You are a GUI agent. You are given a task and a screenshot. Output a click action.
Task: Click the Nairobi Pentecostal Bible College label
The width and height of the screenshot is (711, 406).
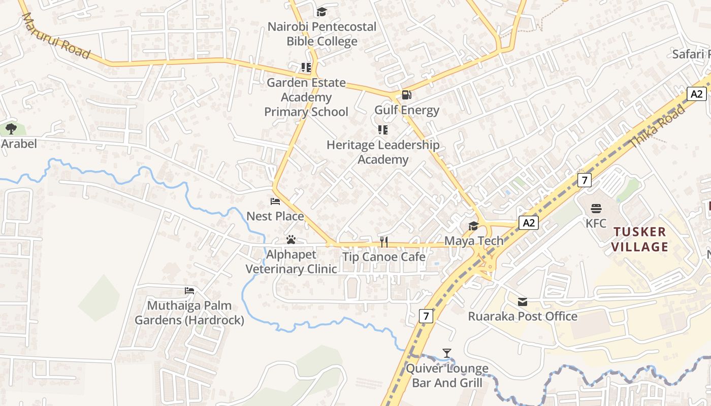[x=322, y=34]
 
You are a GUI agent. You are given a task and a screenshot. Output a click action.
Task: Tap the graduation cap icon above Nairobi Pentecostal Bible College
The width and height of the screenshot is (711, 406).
[x=321, y=12]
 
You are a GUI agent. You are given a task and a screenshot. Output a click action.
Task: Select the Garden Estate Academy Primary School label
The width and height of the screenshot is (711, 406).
[x=306, y=97]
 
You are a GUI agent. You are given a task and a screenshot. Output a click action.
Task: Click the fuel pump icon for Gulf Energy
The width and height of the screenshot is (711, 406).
[x=406, y=94]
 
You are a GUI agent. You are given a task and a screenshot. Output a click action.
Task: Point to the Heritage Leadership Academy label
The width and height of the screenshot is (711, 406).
[x=383, y=152]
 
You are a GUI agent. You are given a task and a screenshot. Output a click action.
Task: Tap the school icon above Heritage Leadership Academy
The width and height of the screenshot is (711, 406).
[x=383, y=130]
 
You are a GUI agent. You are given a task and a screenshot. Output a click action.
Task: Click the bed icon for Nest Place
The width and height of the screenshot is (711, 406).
[x=275, y=201]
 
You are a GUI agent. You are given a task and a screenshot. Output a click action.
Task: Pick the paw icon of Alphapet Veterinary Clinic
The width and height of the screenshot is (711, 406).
[x=291, y=240]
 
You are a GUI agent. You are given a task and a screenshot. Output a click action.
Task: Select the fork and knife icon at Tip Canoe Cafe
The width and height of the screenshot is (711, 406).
[x=384, y=242]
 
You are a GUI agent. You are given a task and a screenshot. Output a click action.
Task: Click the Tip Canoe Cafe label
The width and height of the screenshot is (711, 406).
[x=384, y=257]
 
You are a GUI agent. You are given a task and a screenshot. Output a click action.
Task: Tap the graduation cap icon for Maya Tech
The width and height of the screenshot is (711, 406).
[x=473, y=226]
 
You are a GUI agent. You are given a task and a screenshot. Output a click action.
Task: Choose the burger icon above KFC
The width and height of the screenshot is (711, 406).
[x=596, y=208]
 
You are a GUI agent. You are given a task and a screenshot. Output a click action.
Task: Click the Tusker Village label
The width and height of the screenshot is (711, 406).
[x=639, y=240]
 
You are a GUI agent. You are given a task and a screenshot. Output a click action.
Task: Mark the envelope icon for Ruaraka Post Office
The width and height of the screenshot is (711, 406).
[x=523, y=302]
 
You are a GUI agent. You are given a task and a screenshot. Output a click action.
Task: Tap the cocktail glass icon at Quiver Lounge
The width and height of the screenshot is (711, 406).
[x=447, y=353]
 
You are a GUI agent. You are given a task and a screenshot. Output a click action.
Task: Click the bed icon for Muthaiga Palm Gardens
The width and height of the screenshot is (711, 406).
[x=189, y=291]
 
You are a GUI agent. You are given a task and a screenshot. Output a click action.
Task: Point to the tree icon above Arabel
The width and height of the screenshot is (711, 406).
[x=11, y=129]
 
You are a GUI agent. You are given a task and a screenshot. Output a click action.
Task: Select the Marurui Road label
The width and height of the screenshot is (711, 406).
[x=55, y=36]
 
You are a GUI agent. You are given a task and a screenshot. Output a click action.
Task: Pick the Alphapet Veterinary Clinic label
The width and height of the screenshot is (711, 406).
[x=291, y=262]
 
